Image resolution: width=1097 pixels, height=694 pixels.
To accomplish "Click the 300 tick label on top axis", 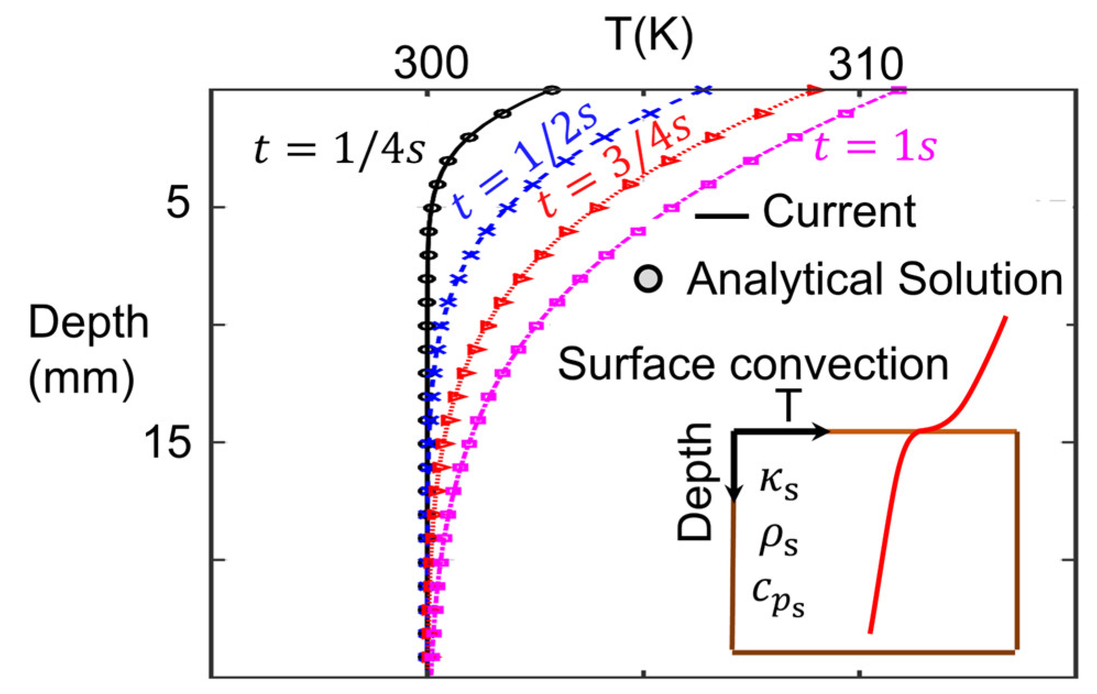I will click(431, 64).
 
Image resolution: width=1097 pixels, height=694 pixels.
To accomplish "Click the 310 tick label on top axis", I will click(866, 64).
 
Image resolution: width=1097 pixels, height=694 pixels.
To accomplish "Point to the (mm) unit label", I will click(82, 378).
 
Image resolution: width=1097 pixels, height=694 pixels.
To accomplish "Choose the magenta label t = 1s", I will click(874, 147).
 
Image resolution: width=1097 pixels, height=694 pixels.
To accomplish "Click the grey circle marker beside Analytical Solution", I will click(648, 279).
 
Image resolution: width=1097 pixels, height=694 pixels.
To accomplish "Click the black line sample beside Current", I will click(721, 216).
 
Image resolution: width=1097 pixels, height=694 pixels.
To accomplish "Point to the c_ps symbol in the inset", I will click(778, 598).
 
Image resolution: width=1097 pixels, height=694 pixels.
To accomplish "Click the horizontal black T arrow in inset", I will click(781, 432).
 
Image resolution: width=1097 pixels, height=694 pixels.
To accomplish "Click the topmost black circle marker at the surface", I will click(552, 90).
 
